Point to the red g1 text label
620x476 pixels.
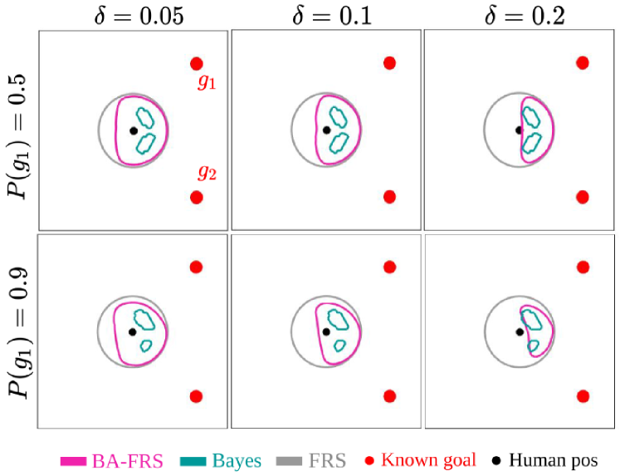point(207,82)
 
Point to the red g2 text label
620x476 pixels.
point(207,173)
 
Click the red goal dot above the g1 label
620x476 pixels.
point(197,63)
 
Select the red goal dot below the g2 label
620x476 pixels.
point(197,197)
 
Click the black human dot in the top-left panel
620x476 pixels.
point(133,130)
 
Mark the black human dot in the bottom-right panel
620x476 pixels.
point(520,331)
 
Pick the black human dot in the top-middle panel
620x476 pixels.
point(326,130)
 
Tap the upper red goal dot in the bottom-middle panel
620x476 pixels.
point(390,267)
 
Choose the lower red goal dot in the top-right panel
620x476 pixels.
point(583,197)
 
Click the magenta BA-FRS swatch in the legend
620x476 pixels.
point(76,459)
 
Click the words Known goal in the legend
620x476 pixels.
point(429,459)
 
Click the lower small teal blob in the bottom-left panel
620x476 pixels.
point(146,344)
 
